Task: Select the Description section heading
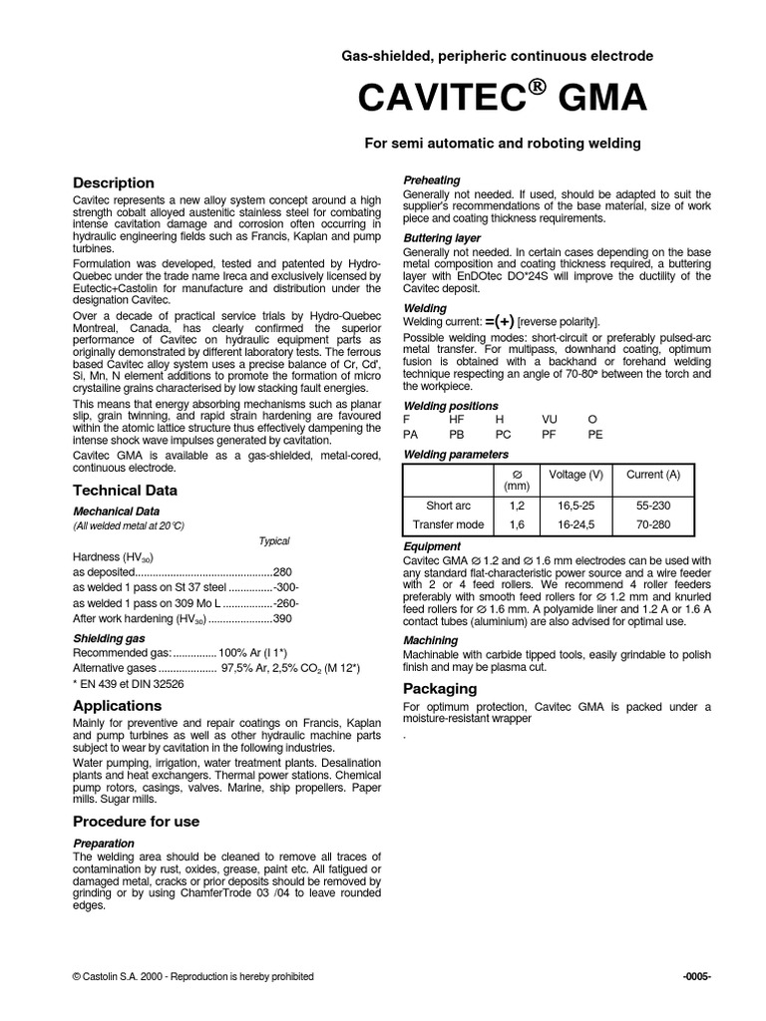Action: [x=115, y=182]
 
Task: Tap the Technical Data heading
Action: [x=126, y=490]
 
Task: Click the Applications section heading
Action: [x=117, y=705]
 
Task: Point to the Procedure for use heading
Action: [x=137, y=821]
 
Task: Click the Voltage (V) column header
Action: [x=575, y=475]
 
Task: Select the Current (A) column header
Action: [x=653, y=475]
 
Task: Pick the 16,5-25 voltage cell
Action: [x=575, y=506]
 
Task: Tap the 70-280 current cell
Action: [x=653, y=523]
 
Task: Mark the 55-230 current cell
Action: [x=653, y=506]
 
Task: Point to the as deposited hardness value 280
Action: [x=282, y=572]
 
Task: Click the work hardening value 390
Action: [x=282, y=619]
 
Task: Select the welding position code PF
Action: [x=550, y=435]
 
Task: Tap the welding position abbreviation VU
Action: [x=551, y=421]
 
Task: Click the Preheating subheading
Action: [x=432, y=180]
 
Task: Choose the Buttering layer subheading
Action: [x=442, y=238]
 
